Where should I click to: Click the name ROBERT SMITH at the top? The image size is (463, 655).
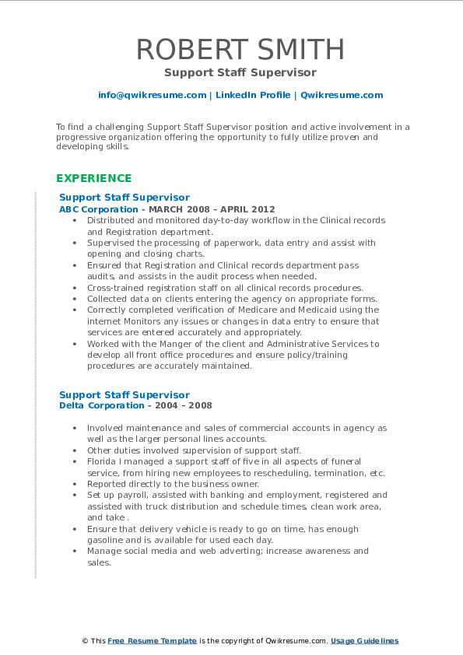[240, 50]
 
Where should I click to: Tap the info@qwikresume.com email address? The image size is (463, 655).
[152, 95]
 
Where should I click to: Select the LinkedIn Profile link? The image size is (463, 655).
[253, 95]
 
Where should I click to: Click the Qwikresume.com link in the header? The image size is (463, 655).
[342, 95]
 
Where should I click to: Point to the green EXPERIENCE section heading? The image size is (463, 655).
[93, 178]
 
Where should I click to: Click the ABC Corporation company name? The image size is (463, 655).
[98, 209]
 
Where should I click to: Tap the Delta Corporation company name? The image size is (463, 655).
[100, 405]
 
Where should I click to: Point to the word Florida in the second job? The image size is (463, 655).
[103, 462]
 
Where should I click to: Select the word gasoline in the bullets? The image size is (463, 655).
[108, 540]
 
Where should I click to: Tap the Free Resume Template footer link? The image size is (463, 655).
[152, 641]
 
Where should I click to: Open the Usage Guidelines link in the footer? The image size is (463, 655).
[364, 641]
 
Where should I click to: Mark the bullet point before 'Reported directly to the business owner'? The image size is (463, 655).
[73, 484]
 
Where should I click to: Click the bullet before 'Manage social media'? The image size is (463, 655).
[73, 552]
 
